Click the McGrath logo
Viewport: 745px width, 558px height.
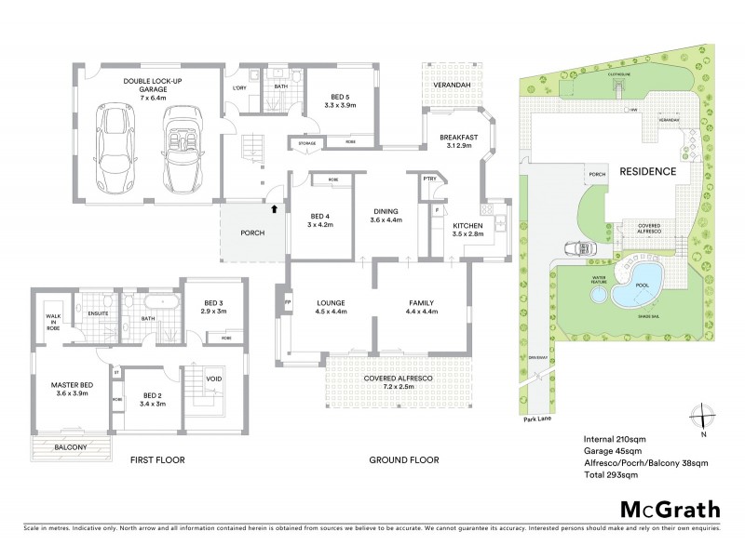point(670,509)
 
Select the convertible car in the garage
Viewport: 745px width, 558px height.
point(182,147)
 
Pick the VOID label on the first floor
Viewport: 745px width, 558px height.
point(213,379)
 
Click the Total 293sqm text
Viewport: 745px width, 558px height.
point(610,474)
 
